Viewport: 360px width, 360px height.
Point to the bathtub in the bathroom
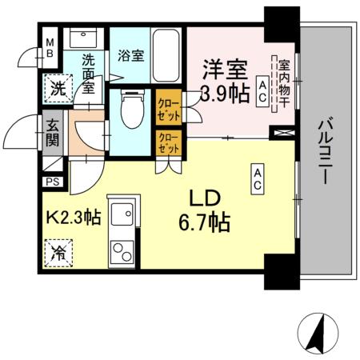(166, 54)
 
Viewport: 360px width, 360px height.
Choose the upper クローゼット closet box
(169, 107)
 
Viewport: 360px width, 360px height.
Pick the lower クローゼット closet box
(169, 145)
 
